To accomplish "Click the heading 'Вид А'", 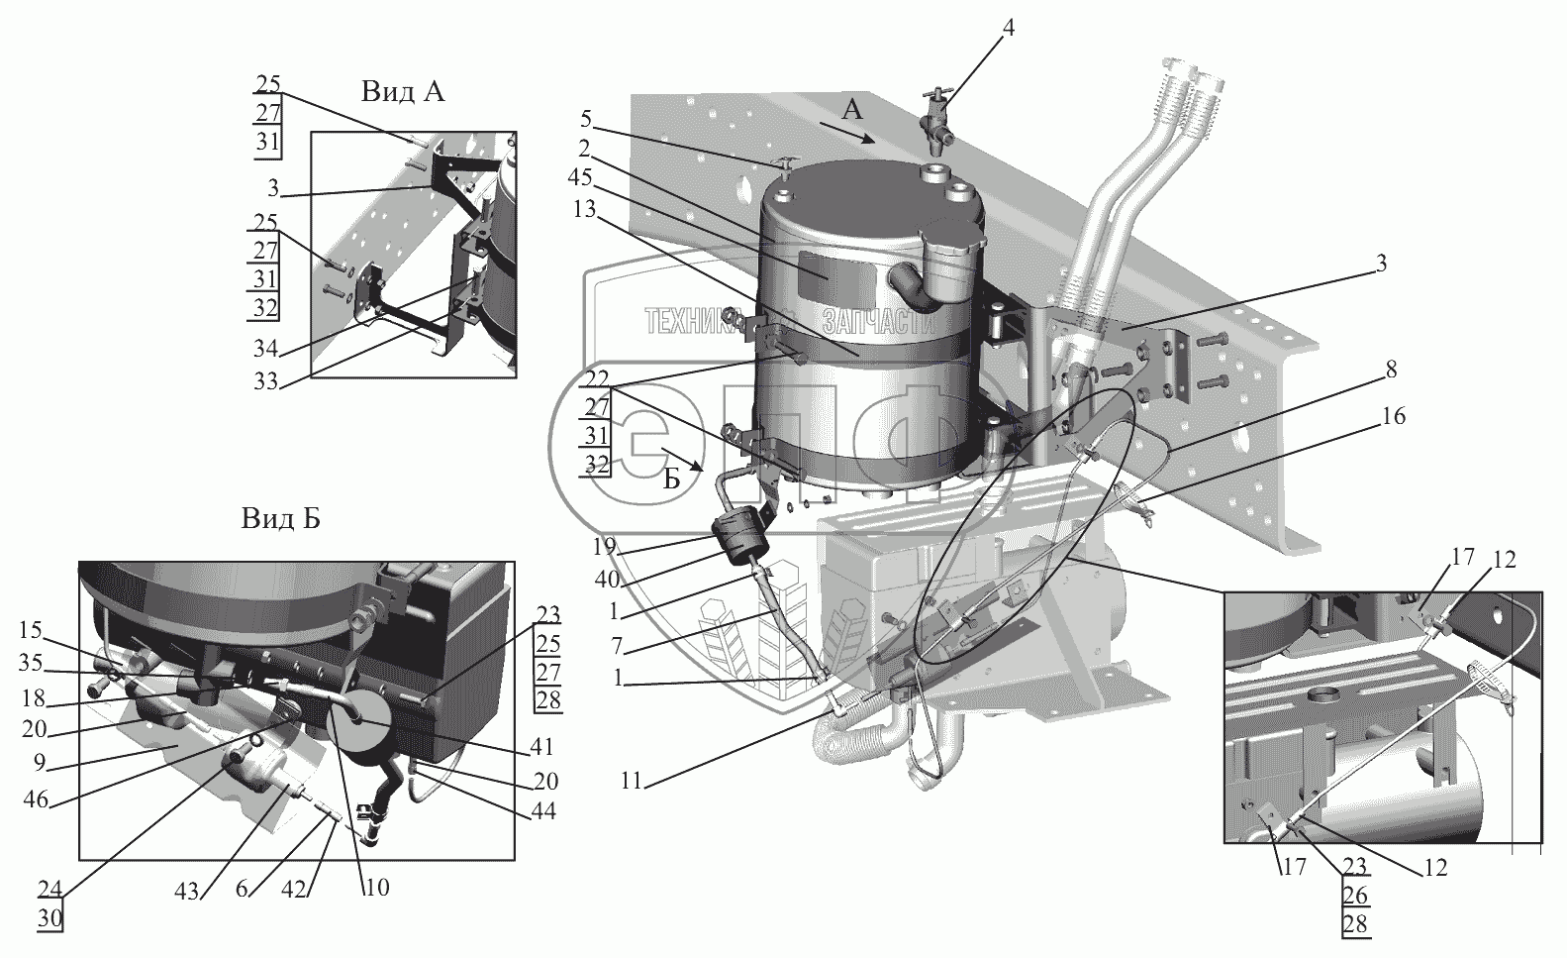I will [402, 92].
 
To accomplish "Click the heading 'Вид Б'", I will [279, 518].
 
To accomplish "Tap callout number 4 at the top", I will [1008, 28].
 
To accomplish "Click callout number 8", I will [1391, 370].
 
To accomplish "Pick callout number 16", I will [1391, 417].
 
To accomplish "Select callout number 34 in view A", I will [265, 348].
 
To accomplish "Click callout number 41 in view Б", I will [542, 747].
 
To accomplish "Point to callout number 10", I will [376, 887].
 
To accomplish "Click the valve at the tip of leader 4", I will [936, 121].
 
